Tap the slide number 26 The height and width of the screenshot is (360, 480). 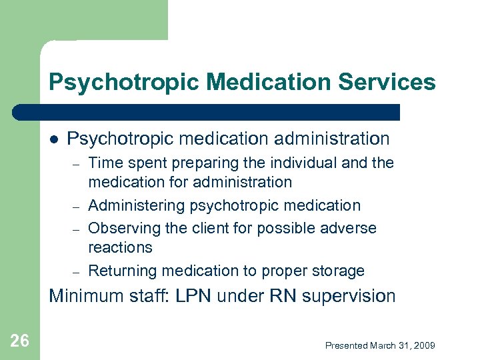tap(20, 341)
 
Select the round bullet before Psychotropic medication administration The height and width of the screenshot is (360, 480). tap(54, 139)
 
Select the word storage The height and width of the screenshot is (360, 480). tap(339, 271)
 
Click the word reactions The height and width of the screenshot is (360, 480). tap(120, 247)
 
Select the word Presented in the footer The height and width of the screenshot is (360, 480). tap(347, 345)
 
